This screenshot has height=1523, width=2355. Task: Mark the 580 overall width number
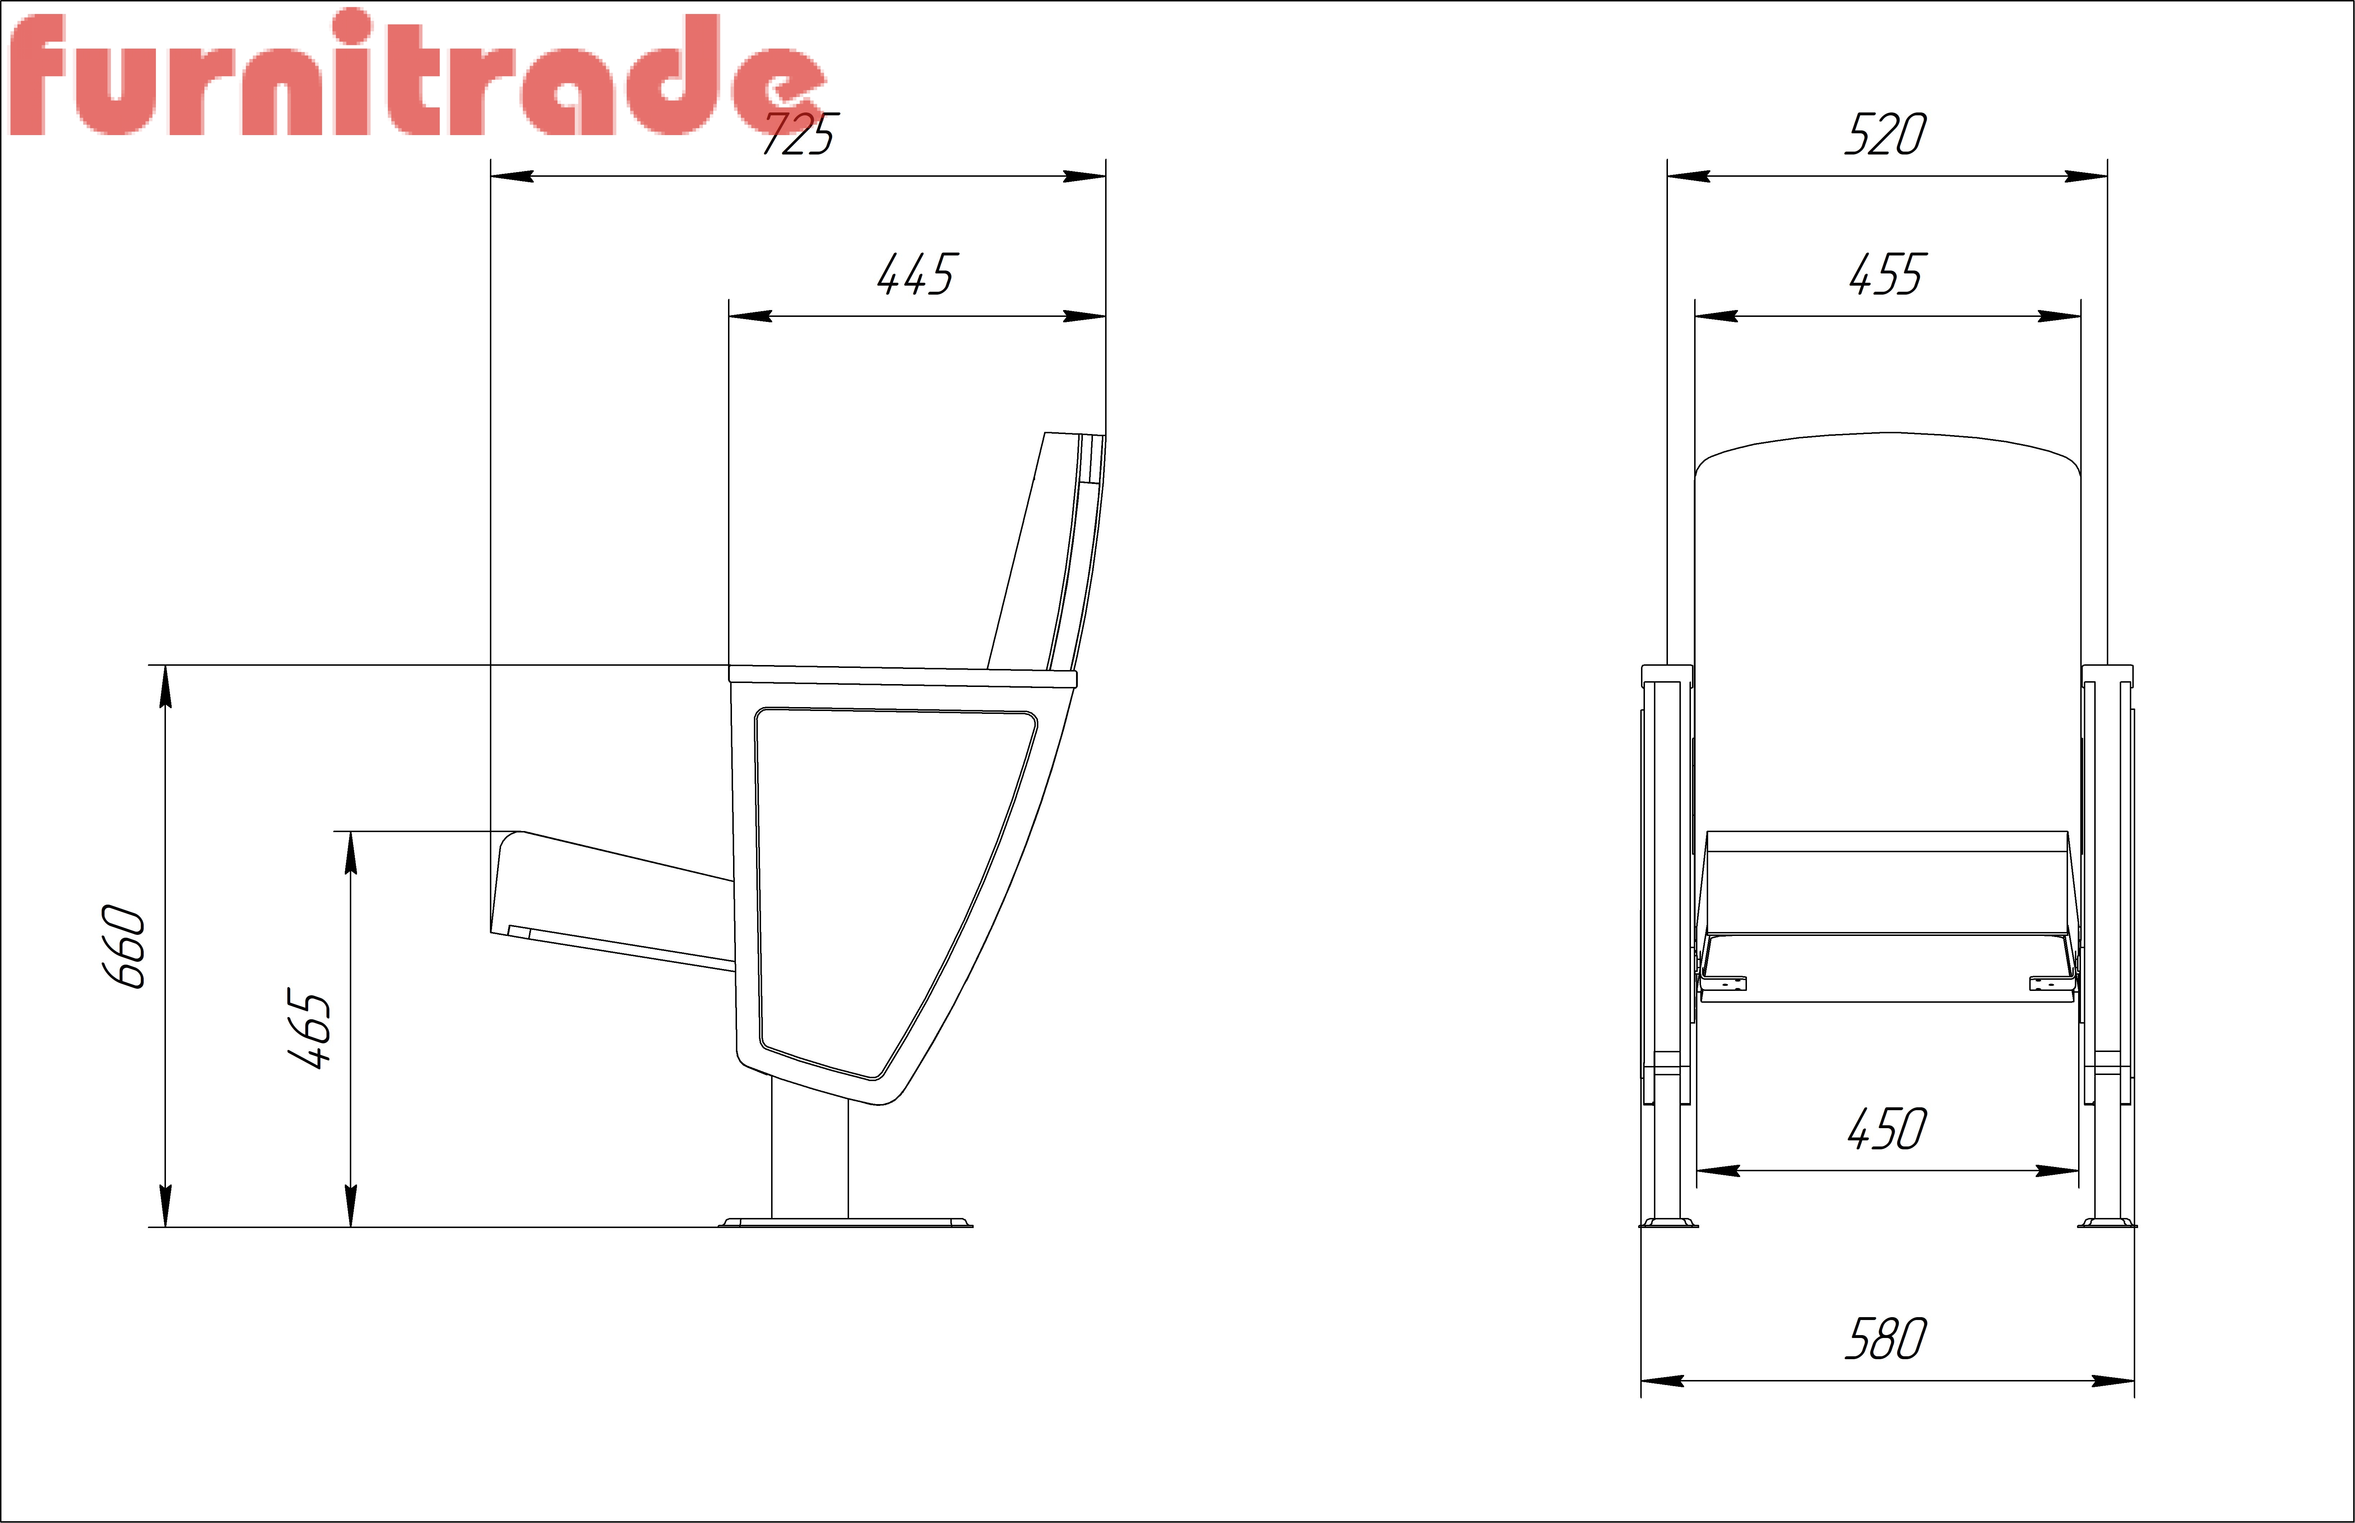[1885, 1339]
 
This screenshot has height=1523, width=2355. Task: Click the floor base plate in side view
[845, 1222]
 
